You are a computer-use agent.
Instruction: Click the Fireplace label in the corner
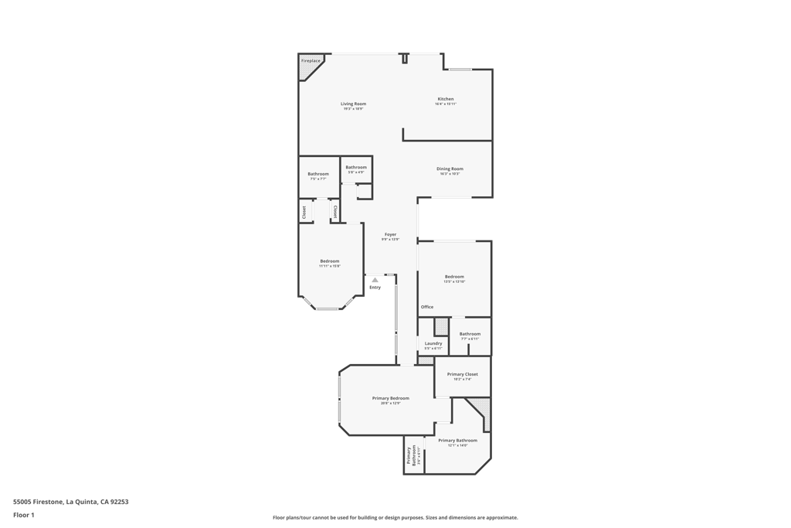click(x=311, y=60)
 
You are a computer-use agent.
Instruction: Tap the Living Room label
click(x=353, y=104)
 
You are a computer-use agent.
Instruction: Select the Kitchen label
click(x=446, y=99)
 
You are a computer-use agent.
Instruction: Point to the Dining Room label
click(x=450, y=169)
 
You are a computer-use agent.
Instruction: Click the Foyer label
click(x=390, y=234)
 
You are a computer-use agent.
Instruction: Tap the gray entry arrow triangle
click(x=375, y=280)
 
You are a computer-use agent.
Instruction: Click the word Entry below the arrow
click(x=375, y=288)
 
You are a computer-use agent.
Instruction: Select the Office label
click(x=427, y=307)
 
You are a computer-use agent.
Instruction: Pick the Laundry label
click(x=433, y=343)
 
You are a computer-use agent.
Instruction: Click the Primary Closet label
click(x=462, y=374)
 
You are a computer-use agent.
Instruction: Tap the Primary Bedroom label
click(x=390, y=398)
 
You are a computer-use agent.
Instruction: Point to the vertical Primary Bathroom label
click(x=412, y=456)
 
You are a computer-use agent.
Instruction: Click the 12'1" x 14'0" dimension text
click(x=457, y=445)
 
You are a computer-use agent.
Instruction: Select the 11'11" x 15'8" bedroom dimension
click(x=330, y=266)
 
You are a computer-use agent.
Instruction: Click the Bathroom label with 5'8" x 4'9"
click(x=356, y=168)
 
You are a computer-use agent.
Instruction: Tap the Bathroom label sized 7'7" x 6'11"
click(x=470, y=334)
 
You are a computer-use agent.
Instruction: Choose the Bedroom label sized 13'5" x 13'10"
click(x=454, y=277)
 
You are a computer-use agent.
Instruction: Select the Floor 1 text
click(x=24, y=515)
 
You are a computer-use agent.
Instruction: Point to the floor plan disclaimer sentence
click(x=395, y=518)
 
